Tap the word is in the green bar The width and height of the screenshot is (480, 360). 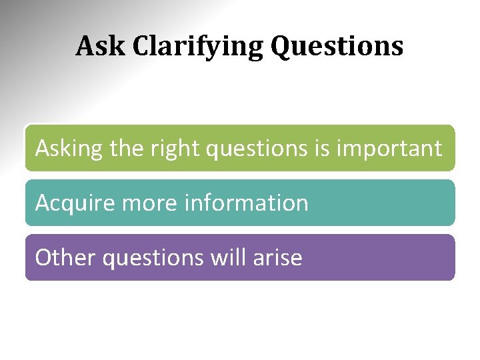point(321,148)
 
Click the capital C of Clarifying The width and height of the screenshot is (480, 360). point(141,47)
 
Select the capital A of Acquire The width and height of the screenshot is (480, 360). point(43,203)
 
